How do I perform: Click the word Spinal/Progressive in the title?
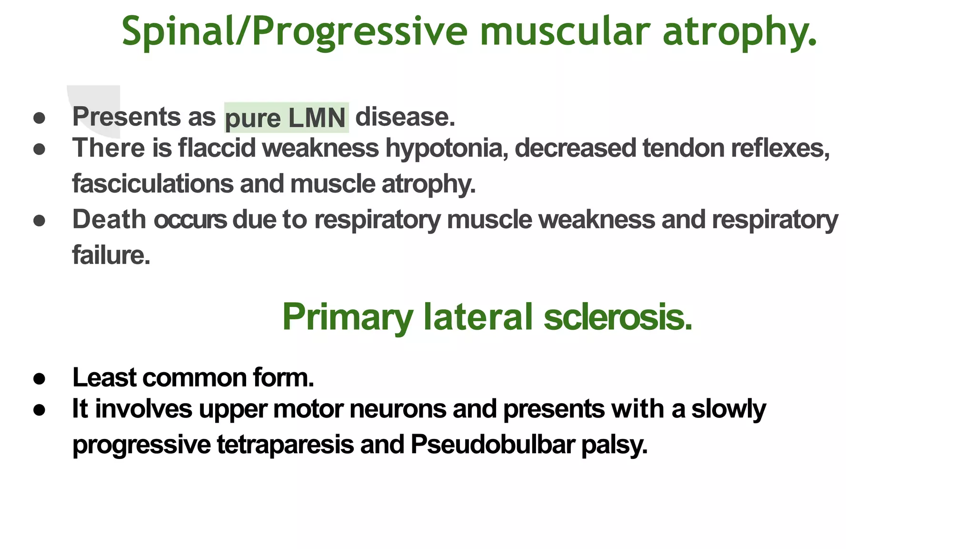tap(295, 31)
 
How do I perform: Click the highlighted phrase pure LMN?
tap(286, 118)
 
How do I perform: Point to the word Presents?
tap(126, 117)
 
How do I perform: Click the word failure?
tap(111, 255)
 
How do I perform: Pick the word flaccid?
tap(217, 148)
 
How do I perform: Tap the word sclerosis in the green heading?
tap(617, 317)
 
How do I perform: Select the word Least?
tap(104, 378)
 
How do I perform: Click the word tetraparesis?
tap(285, 445)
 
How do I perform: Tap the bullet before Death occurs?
tap(40, 221)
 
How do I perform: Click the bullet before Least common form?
tap(40, 379)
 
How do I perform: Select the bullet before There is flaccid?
tap(40, 149)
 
